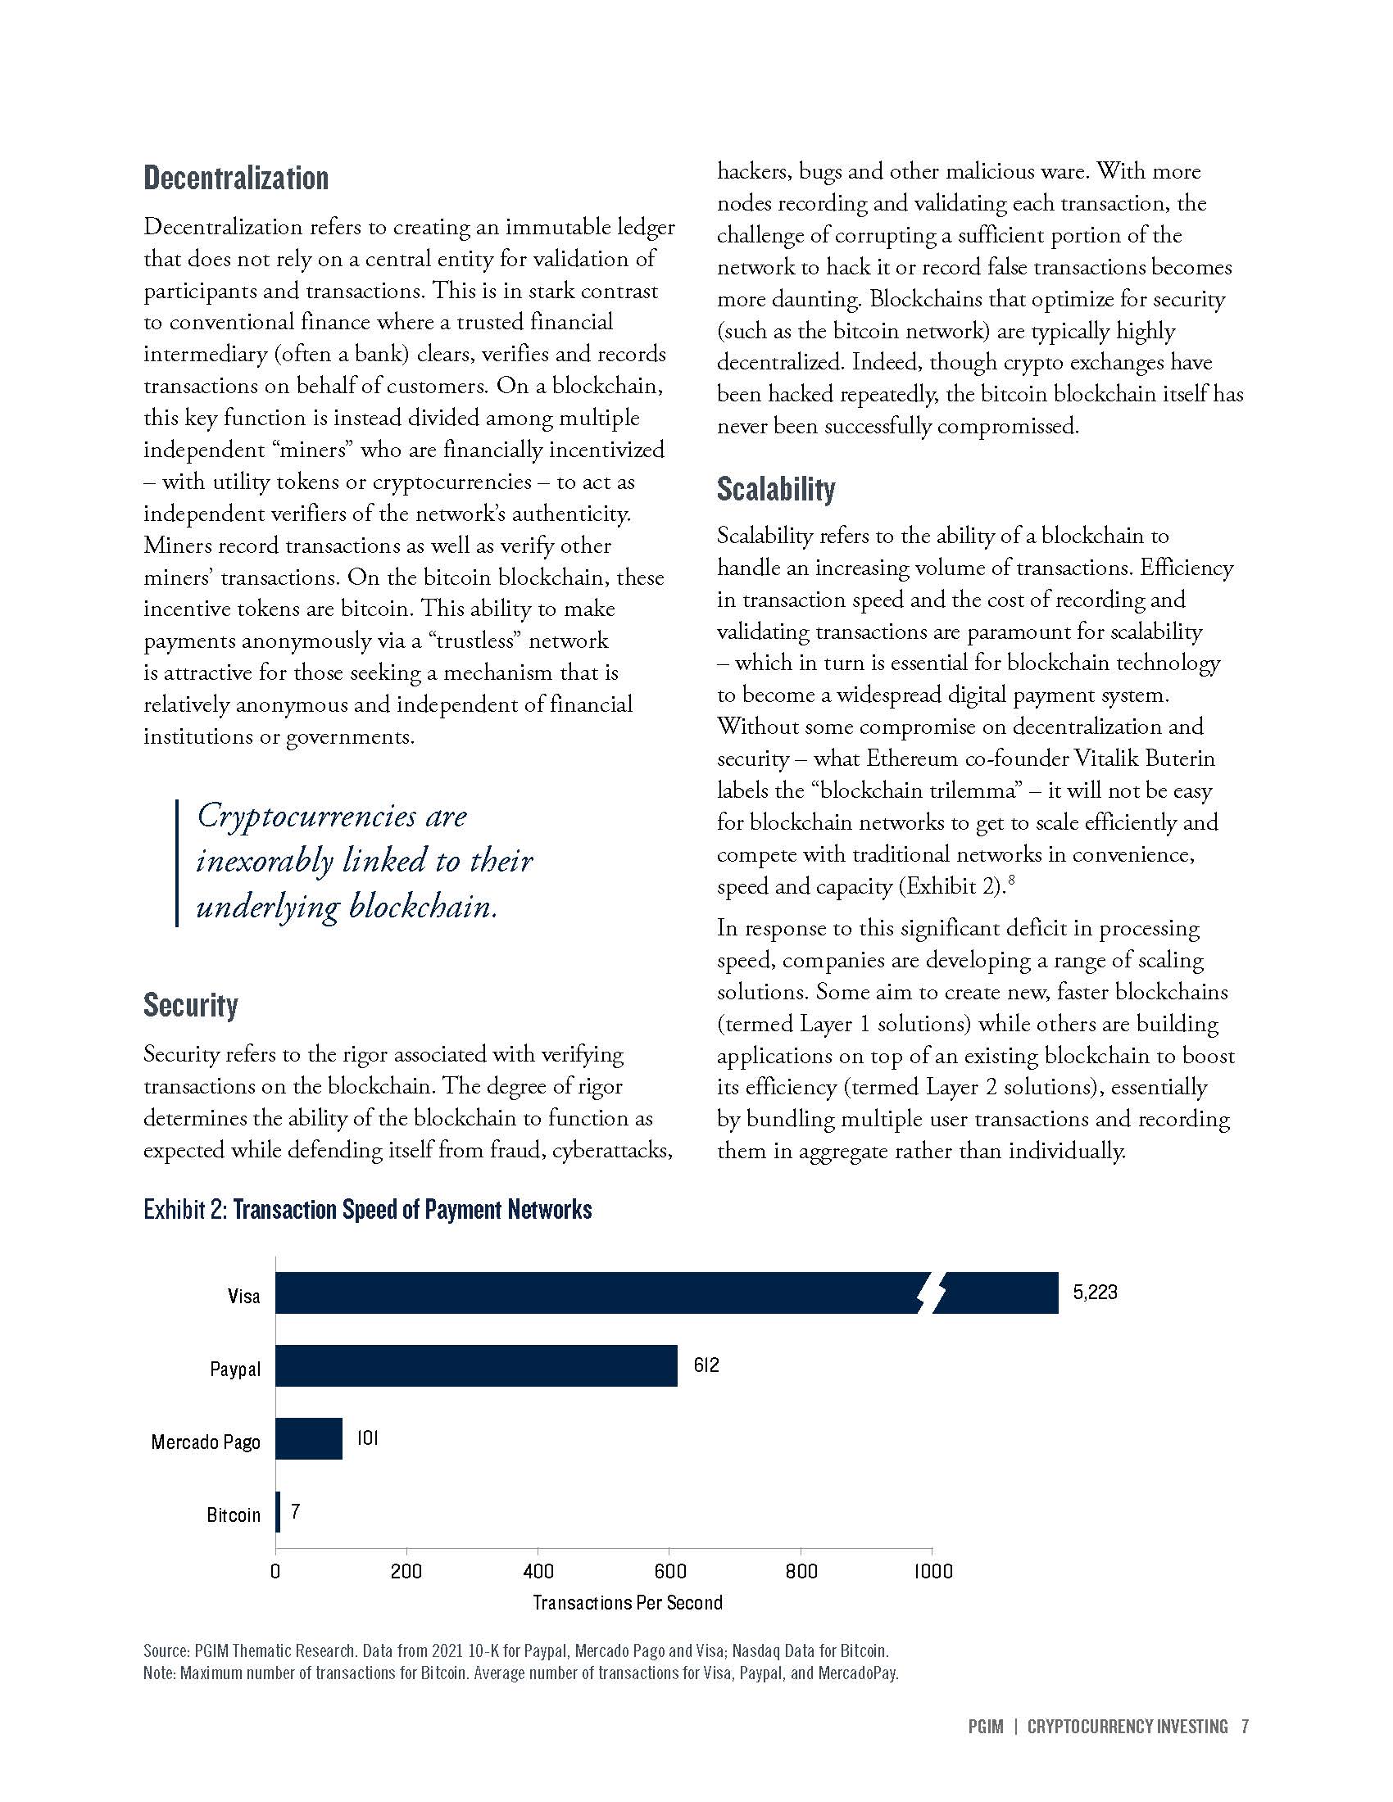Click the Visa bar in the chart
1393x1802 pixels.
click(x=594, y=1293)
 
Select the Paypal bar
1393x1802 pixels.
click(x=476, y=1365)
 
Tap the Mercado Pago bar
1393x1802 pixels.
click(x=309, y=1439)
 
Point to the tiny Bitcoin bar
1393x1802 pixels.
click(x=278, y=1512)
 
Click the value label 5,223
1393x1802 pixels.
click(x=1095, y=1292)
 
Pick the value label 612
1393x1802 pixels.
click(x=706, y=1365)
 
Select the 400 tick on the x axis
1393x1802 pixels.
click(x=538, y=1571)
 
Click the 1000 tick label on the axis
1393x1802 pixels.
click(x=932, y=1571)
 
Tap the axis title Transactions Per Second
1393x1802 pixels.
click(x=627, y=1603)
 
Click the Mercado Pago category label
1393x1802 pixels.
click(x=206, y=1442)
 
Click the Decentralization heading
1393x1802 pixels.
click(x=236, y=179)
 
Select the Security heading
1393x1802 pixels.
click(x=191, y=1005)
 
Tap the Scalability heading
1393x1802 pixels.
click(x=776, y=489)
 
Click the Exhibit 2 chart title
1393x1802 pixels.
click(x=367, y=1210)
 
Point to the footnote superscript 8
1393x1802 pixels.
click(x=1011, y=882)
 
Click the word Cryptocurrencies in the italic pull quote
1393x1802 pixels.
click(x=306, y=816)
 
